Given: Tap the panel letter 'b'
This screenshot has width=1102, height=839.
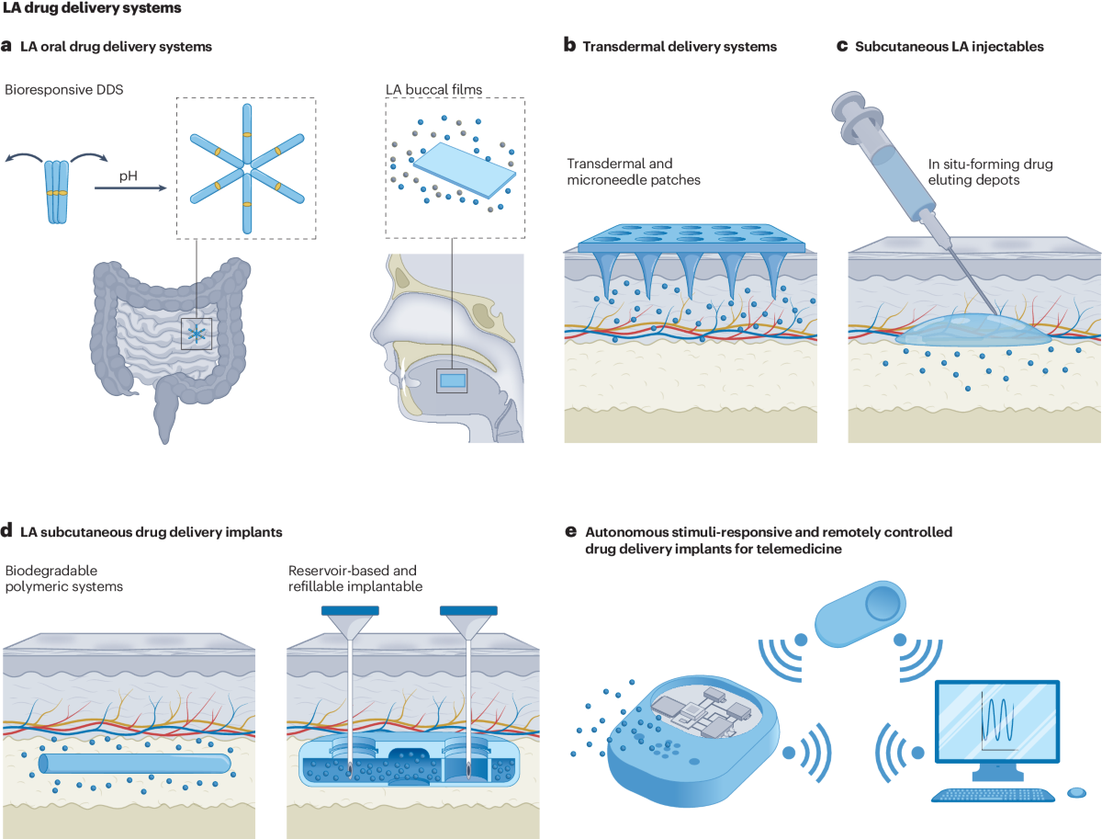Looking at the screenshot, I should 569,46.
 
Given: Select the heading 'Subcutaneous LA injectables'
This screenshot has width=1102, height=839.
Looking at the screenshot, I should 953,46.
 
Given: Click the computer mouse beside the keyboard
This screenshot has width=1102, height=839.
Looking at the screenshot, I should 1076,791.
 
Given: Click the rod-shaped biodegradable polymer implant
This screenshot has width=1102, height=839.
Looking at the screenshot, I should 134,764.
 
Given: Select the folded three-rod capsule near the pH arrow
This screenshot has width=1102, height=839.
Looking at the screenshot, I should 59,192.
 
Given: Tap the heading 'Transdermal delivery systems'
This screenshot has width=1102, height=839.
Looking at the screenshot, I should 680,46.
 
